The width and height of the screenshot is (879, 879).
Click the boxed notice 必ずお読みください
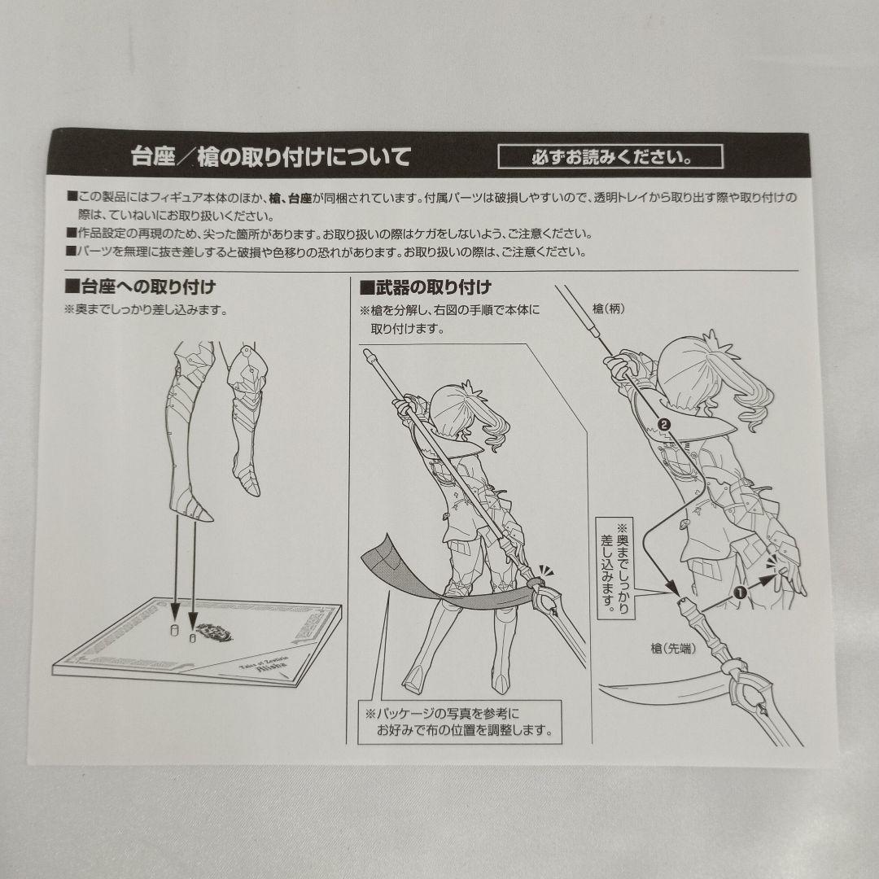tap(610, 156)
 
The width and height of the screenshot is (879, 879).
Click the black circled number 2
tap(663, 424)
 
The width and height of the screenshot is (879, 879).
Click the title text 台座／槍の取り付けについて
tap(271, 156)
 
